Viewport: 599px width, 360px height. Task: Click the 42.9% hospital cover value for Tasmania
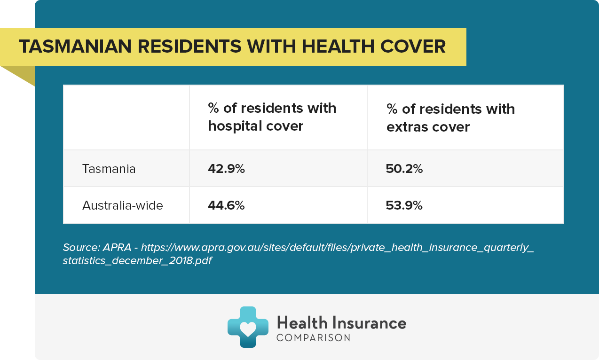point(226,169)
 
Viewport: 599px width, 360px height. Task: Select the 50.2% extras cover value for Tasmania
point(404,169)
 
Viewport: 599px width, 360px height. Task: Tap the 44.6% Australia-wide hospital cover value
point(226,205)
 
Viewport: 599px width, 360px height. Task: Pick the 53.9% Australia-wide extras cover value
point(404,205)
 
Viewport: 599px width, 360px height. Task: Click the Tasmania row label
point(109,169)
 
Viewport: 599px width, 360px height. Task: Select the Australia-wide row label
point(122,205)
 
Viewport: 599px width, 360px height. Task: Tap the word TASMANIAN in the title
point(75,46)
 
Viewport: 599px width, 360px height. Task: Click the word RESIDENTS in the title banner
point(189,46)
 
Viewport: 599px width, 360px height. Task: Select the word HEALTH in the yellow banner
point(338,46)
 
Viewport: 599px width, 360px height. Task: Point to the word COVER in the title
point(413,46)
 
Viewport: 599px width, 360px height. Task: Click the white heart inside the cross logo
point(248,329)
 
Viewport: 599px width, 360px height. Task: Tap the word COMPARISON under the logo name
point(313,338)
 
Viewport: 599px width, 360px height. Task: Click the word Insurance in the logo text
point(370,323)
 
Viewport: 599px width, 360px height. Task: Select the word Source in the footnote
point(81,248)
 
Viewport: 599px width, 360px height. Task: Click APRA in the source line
point(117,248)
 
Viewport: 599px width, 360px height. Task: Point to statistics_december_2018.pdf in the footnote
point(137,260)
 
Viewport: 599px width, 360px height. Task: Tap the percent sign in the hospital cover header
point(213,108)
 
